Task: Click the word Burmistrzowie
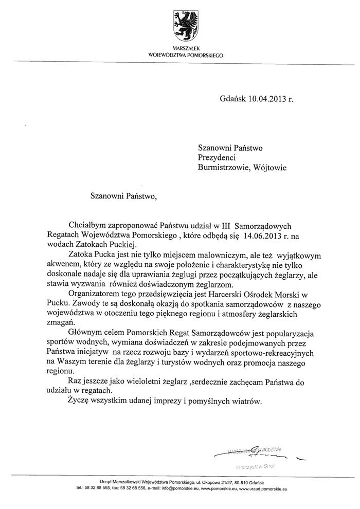pos(222,167)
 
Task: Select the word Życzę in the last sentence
pos(78,401)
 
